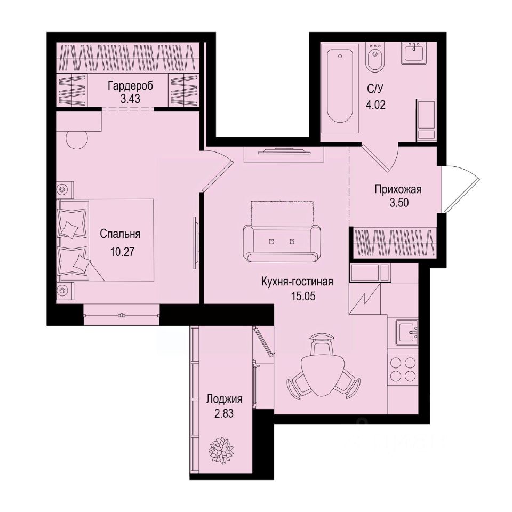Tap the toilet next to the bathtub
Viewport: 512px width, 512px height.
click(x=374, y=59)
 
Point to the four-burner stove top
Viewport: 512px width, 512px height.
click(x=403, y=369)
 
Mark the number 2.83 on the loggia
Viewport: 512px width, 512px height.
click(x=219, y=412)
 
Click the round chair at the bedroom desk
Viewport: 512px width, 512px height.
click(x=77, y=140)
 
